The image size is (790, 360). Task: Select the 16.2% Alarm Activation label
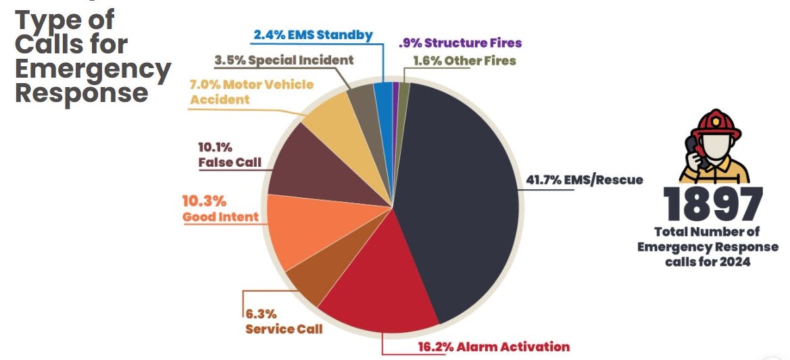pos(493,347)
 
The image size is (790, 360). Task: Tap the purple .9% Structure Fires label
pos(460,43)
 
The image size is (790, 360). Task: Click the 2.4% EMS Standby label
pos(313,35)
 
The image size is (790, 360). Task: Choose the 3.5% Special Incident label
pos(284,60)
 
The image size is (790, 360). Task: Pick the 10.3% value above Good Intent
pos(204,201)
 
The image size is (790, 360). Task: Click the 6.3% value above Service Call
pos(261,315)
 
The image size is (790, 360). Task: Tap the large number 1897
pos(713,205)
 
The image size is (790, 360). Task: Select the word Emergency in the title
pos(93,68)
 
